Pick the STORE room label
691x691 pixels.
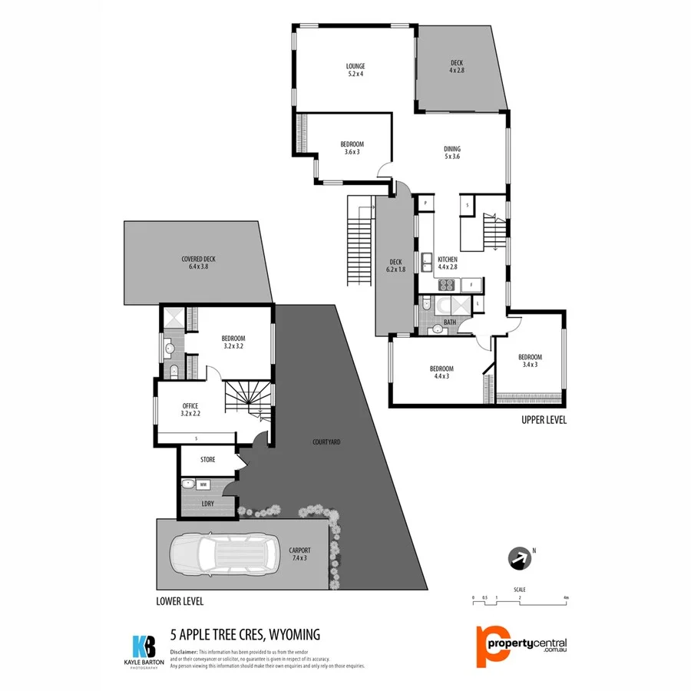coord(207,459)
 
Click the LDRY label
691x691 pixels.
coord(207,503)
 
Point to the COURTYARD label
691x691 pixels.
coord(326,442)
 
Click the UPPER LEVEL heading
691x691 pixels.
coord(544,420)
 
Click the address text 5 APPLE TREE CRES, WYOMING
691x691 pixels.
coord(244,634)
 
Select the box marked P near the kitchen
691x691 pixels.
coord(425,203)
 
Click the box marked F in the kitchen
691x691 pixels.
coord(471,286)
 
